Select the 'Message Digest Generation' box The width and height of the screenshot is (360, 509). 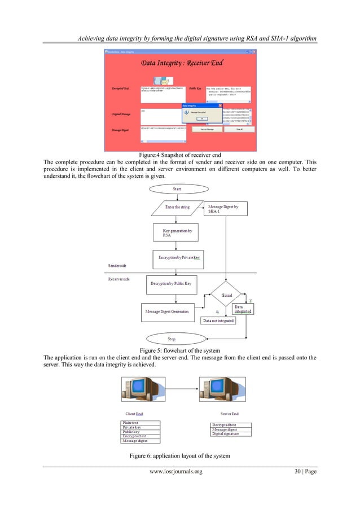click(168, 310)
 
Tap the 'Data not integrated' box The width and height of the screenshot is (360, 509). click(218, 321)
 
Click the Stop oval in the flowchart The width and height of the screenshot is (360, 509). click(172, 339)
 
